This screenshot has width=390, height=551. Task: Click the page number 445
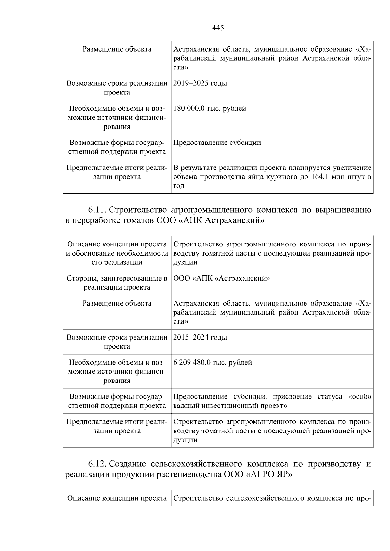coord(218,28)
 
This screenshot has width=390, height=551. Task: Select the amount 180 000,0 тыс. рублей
coord(210,108)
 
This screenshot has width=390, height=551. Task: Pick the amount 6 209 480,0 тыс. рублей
coord(213,362)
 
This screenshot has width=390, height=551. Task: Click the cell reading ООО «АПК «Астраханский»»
coord(222,278)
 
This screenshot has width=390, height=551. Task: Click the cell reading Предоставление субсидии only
coord(217,143)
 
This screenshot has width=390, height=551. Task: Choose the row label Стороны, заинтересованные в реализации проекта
coord(117,282)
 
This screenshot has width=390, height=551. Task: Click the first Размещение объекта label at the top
coord(117,49)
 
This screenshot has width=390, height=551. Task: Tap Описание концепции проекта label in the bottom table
coord(117,498)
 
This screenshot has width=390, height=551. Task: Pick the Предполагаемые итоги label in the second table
coord(117,426)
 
